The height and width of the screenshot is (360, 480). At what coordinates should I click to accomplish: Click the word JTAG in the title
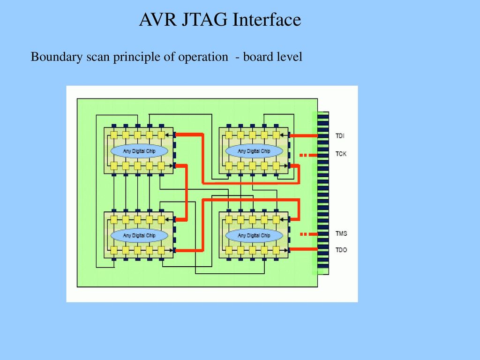[204, 20]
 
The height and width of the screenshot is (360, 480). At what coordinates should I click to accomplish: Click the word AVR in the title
[157, 20]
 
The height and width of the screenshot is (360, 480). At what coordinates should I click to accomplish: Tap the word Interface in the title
[267, 20]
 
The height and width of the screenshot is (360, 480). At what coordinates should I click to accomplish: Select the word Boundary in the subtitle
[57, 57]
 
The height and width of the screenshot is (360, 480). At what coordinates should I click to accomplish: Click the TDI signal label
[340, 135]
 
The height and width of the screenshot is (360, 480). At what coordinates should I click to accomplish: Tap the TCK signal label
[341, 154]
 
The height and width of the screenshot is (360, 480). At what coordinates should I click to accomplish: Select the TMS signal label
[341, 233]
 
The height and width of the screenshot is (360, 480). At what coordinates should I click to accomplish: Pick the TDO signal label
[341, 250]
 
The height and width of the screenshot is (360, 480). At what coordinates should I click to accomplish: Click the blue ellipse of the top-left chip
[139, 151]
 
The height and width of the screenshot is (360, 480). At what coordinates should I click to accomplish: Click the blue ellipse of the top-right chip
[254, 151]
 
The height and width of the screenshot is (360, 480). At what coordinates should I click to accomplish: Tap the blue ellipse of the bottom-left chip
[139, 235]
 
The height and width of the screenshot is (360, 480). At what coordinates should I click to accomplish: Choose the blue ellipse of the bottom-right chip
[254, 235]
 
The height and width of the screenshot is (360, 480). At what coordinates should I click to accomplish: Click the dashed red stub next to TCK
[308, 155]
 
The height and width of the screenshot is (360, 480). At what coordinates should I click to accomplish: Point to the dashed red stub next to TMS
[308, 234]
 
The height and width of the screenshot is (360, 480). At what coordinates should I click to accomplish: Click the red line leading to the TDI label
[304, 135]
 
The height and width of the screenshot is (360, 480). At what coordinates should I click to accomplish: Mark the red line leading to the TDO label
[304, 249]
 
